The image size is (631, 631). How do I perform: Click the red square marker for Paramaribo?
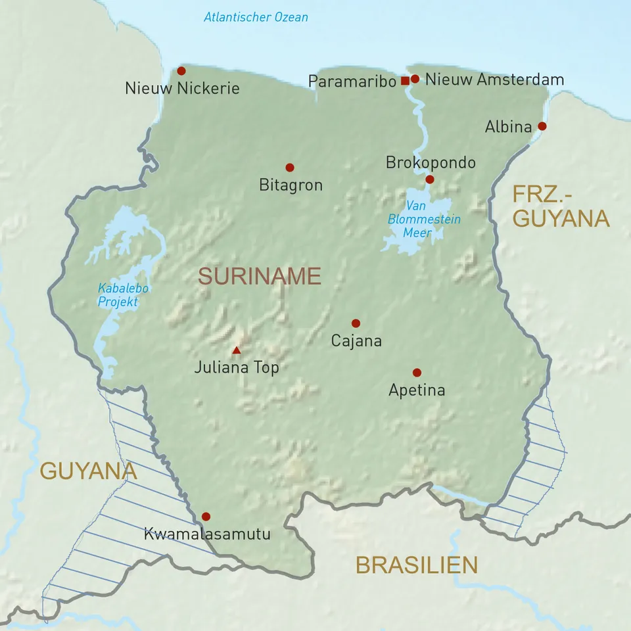405,80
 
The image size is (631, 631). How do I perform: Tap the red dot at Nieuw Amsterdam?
415,79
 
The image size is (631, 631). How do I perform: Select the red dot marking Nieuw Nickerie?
181,70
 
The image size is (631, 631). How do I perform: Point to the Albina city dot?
542,126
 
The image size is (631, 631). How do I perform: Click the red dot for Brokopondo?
430,179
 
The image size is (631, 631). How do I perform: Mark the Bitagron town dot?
289,168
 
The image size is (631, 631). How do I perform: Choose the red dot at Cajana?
356,323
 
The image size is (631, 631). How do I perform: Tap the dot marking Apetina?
417,373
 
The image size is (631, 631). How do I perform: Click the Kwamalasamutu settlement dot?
206,517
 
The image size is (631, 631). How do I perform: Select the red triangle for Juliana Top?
237,350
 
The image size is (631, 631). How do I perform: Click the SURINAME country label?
260,277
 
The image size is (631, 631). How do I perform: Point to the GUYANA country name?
88,471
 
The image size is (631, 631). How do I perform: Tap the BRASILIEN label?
417,565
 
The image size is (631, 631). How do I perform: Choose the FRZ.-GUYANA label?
561,206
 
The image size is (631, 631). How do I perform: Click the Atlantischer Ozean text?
256,17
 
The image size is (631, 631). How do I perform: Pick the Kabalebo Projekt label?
122,295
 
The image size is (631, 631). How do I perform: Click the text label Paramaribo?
353,81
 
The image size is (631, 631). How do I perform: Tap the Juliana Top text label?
237,368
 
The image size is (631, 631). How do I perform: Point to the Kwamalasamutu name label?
207,534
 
